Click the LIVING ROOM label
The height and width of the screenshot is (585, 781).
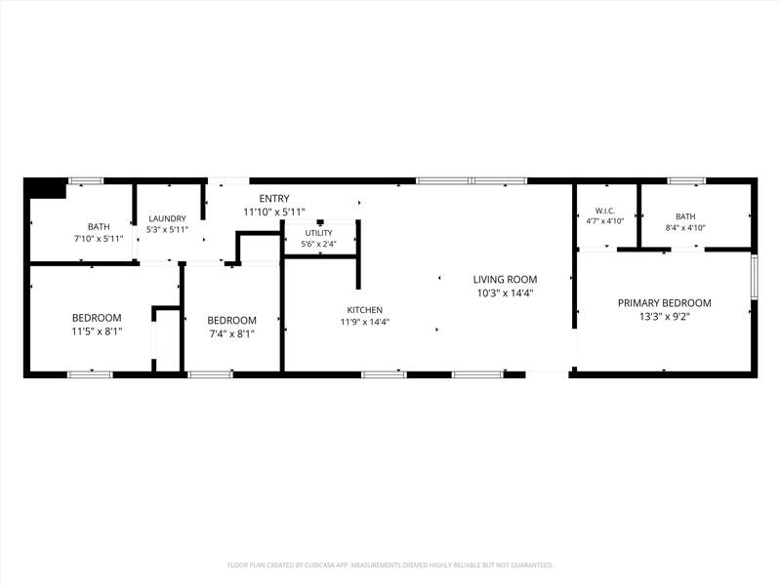505,280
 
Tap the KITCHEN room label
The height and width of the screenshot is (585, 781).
365,310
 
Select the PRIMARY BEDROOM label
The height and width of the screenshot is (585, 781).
665,303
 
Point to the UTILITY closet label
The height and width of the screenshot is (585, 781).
319,233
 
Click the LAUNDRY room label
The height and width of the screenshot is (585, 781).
167,218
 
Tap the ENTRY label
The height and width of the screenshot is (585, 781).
274,199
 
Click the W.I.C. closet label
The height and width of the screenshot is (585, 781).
604,211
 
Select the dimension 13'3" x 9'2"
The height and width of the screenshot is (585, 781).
665,316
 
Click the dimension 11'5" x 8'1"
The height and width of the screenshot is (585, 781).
97,331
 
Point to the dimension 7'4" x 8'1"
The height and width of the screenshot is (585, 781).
232,333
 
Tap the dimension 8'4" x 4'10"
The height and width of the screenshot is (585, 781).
685,228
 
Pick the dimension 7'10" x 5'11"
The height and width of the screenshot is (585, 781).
99,238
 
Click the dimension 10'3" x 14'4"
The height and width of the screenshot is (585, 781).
505,293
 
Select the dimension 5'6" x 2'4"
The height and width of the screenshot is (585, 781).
319,244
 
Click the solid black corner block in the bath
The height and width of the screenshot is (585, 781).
45,188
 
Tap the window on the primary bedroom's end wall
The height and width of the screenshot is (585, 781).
754,277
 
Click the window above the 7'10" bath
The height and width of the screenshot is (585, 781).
86,181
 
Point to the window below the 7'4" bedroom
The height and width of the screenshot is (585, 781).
211,374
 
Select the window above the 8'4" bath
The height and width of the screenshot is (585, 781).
687,181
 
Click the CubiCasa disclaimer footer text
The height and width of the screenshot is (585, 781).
390,565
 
